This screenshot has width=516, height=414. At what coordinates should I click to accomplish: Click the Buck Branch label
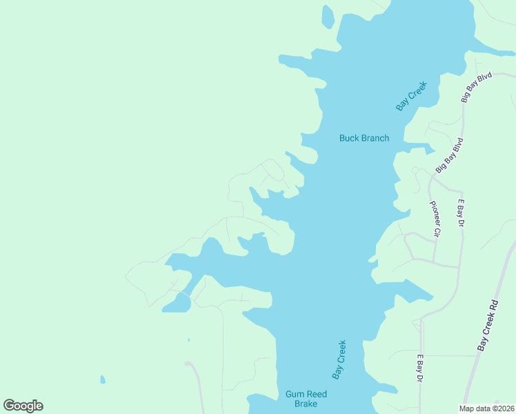pos(364,138)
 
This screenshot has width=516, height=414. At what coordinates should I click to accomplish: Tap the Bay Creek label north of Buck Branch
pos(412,96)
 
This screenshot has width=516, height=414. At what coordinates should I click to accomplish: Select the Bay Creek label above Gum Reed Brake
pos(339,359)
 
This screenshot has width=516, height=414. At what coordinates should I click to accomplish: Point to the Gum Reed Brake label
pos(306,399)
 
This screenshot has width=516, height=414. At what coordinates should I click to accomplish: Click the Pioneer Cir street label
pos(435,219)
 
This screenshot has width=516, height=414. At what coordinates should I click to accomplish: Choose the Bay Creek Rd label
pos(488,325)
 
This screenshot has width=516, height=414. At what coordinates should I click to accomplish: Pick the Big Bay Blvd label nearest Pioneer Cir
pos(450,155)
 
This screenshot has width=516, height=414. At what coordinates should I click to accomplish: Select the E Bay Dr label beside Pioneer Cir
pos(461,214)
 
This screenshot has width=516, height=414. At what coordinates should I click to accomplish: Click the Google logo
pos(23,406)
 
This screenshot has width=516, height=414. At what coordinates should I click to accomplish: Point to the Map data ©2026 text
pos(486,408)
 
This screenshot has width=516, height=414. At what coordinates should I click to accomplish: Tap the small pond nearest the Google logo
pos(103,379)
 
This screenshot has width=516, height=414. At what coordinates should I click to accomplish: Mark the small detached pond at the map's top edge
pos(328,17)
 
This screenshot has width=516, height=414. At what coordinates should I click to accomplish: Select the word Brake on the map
pos(306,404)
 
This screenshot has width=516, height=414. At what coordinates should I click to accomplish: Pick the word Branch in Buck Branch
pos(375,138)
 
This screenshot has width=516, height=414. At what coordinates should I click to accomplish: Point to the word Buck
pos(348,138)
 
